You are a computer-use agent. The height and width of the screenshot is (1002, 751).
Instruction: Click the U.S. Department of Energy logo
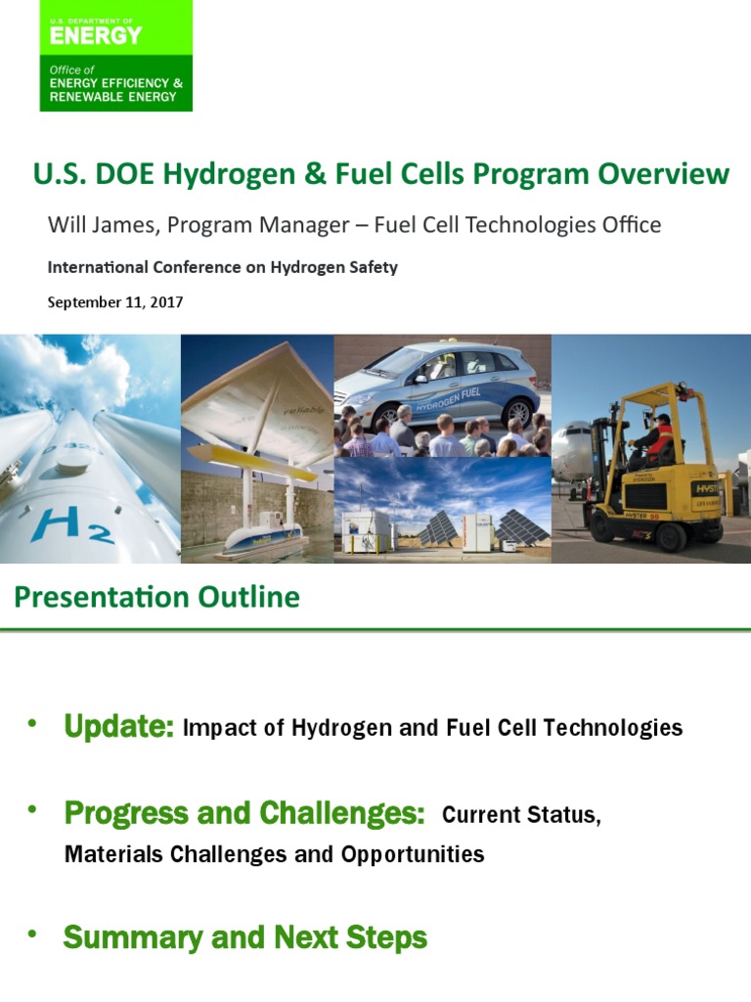[x=115, y=55]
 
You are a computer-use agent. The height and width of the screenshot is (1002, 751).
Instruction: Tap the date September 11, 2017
[x=115, y=302]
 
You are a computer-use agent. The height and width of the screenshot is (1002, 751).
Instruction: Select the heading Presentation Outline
[x=156, y=597]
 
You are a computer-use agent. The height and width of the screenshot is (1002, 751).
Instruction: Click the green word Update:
[x=118, y=727]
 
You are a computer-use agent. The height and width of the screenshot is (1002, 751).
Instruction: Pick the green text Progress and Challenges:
[x=244, y=813]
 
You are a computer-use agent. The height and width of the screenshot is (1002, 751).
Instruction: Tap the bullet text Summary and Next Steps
[x=244, y=937]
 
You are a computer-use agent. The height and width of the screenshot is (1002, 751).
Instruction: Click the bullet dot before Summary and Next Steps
[x=31, y=934]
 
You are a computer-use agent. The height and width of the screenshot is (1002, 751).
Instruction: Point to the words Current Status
[x=521, y=815]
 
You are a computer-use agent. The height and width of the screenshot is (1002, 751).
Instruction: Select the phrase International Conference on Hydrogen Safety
[x=223, y=267]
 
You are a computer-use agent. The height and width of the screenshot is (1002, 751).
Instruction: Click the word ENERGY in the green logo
[x=96, y=35]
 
